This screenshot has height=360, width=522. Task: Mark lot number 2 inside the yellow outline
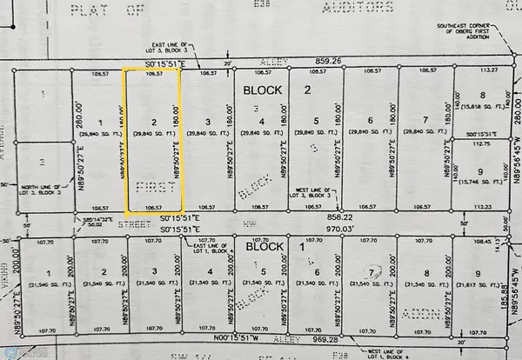click(153, 123)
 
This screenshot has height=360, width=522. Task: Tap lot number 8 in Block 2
click(480, 96)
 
